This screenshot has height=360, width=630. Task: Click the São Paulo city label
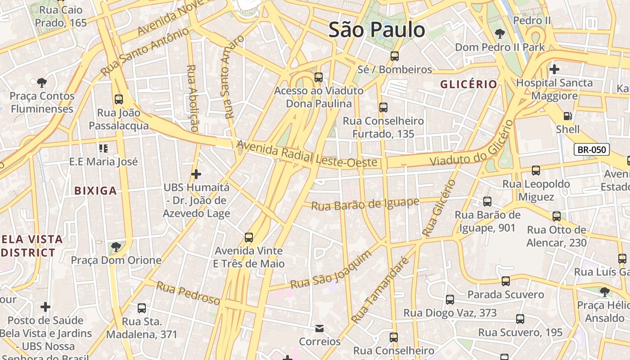(x=377, y=30)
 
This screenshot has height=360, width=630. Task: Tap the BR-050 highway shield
(x=592, y=150)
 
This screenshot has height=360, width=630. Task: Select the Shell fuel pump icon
(x=568, y=116)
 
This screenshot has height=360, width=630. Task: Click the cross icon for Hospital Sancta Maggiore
(x=554, y=69)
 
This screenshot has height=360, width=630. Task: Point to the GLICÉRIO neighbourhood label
(x=468, y=84)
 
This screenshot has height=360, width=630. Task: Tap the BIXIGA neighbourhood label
(x=95, y=190)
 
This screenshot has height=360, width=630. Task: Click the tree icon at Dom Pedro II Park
(x=499, y=33)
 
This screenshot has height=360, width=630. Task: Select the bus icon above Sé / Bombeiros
(x=395, y=56)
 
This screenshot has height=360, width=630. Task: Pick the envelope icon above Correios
(x=319, y=328)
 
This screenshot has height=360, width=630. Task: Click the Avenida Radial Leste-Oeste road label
(x=306, y=154)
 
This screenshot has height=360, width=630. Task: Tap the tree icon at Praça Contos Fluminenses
(x=42, y=82)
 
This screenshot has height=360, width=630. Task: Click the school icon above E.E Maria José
(x=103, y=148)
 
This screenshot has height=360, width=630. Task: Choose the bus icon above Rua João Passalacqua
(x=119, y=99)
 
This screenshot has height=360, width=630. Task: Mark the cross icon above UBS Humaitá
(x=196, y=174)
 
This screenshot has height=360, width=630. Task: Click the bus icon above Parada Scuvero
(x=506, y=281)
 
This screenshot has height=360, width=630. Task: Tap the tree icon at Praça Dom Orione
(x=116, y=247)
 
